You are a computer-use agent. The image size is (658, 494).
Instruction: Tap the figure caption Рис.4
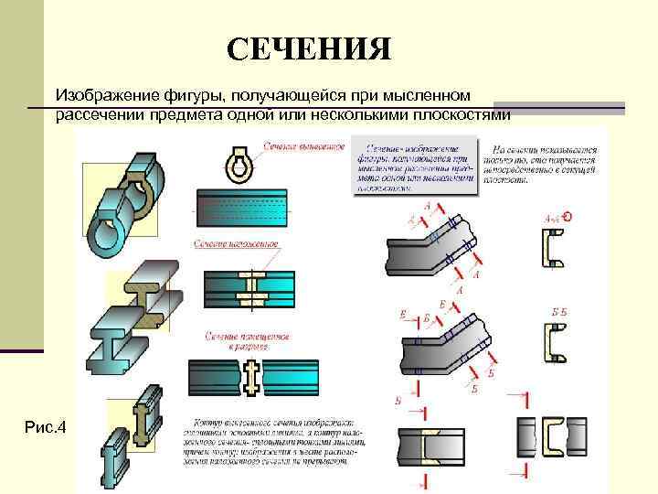point(48,427)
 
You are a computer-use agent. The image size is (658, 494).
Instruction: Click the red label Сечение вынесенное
point(304,146)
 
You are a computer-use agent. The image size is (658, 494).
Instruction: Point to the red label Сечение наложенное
point(236,245)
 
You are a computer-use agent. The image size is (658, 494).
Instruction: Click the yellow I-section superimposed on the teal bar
point(253,286)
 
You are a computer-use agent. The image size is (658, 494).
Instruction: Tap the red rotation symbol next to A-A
point(568,217)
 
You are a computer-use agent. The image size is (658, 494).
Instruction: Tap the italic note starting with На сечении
point(547,164)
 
